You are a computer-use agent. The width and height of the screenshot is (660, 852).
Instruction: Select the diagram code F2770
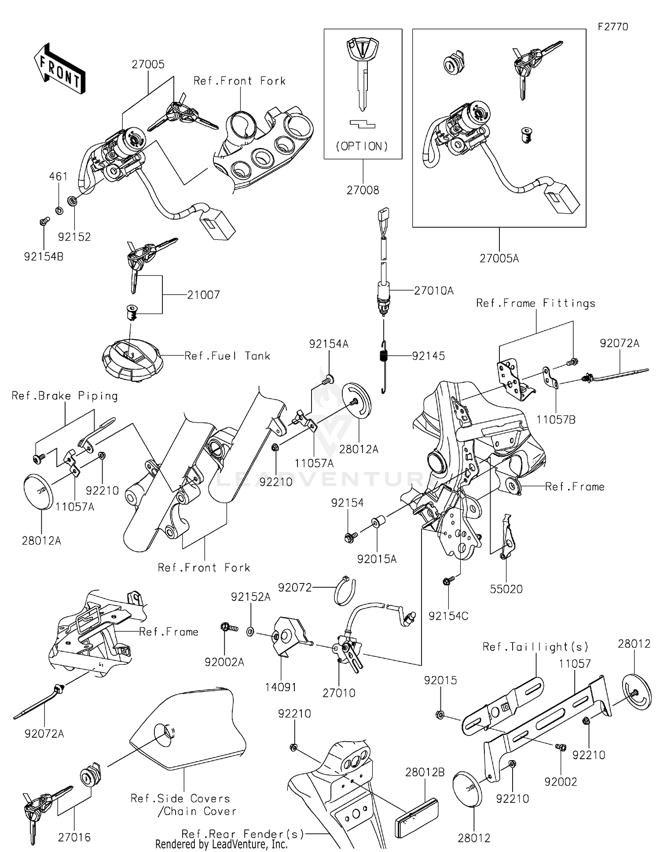point(612,27)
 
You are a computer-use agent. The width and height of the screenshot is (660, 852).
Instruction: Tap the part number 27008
point(363,190)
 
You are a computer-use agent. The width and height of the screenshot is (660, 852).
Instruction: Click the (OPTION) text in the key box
point(362,146)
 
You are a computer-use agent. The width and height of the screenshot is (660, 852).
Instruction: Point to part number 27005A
point(499,259)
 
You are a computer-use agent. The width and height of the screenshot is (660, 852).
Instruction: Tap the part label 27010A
point(433,291)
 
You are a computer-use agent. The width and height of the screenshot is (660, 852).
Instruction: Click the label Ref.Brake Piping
point(65,396)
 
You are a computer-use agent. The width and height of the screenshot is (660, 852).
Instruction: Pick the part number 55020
point(506,589)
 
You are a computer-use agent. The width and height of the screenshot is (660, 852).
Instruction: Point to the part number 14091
point(281,687)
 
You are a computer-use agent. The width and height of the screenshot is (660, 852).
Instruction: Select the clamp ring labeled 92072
point(345,590)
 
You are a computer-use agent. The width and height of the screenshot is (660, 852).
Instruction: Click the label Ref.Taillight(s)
point(535,647)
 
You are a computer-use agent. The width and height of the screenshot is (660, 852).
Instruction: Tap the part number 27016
point(74,837)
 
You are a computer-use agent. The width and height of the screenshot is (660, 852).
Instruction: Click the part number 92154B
point(44,256)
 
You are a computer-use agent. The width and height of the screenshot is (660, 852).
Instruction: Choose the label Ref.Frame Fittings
point(535,303)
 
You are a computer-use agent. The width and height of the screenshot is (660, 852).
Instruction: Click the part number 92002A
point(224,662)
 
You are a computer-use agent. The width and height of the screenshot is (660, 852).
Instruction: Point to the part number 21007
point(203,295)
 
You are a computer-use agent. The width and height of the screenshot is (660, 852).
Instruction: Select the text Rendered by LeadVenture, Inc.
point(221,845)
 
